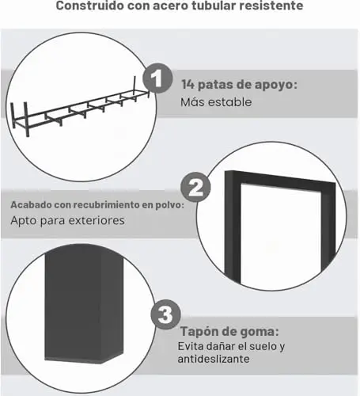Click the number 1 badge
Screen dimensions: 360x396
[x=157, y=78]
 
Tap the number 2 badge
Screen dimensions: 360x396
[x=195, y=187]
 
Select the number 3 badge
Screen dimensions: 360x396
[x=165, y=314]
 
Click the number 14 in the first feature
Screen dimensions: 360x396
[x=188, y=85]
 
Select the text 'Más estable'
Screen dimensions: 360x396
[x=216, y=102]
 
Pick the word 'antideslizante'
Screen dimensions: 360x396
[x=214, y=359]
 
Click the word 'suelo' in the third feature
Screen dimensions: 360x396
[x=262, y=346]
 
